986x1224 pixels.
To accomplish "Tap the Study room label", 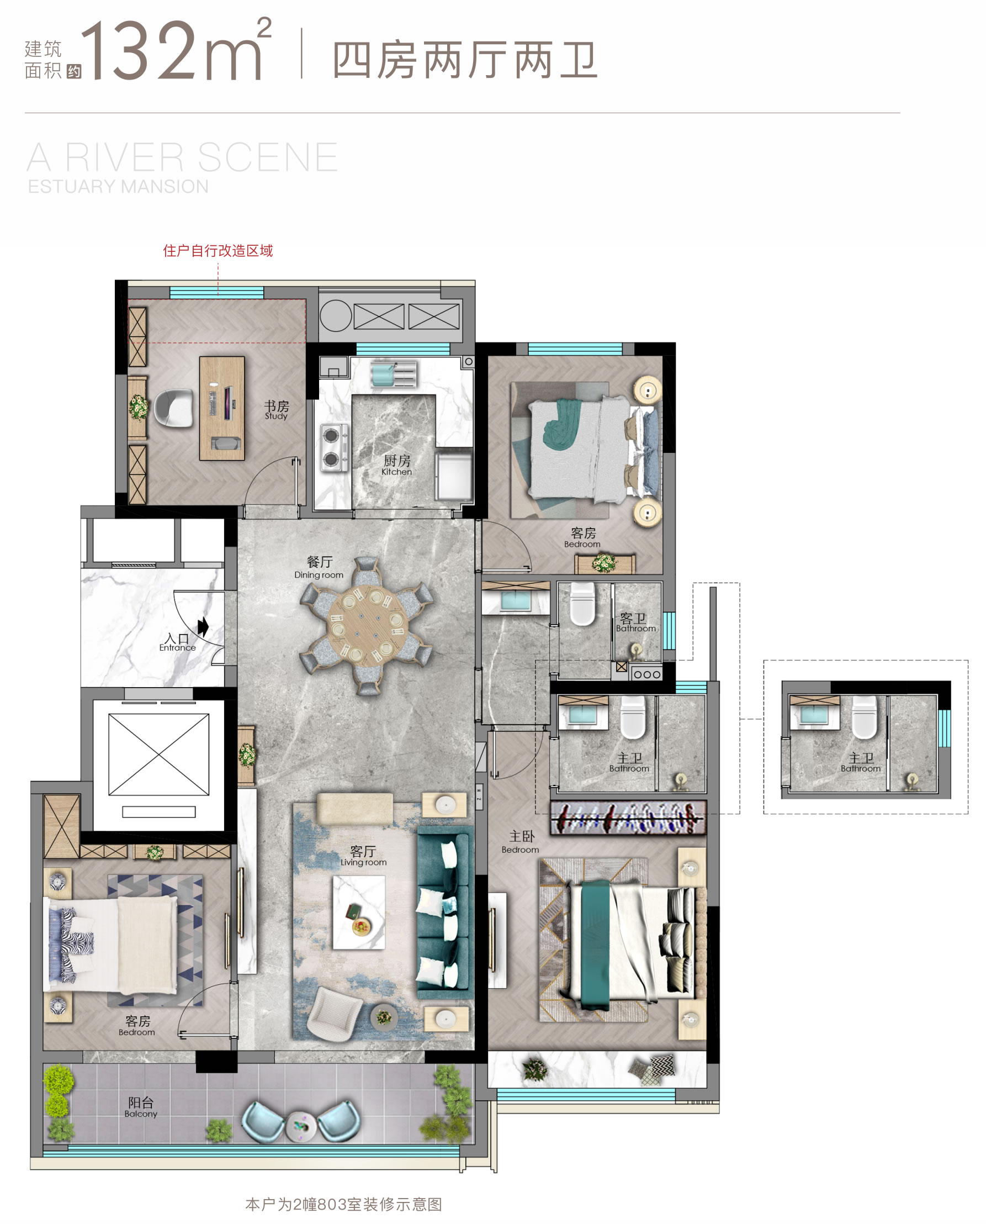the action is click(277, 410).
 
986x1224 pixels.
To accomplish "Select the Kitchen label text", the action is click(396, 465).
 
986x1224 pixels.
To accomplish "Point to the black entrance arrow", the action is click(203, 627).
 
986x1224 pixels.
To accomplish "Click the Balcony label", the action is click(141, 1107).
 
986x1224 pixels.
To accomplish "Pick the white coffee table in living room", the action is click(359, 912).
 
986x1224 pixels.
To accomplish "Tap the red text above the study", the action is click(218, 251).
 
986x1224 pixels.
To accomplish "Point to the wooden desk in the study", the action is click(222, 408).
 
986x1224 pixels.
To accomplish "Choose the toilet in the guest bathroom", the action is click(583, 604).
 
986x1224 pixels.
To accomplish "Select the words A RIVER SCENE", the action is click(182, 157).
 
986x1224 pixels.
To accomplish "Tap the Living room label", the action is click(363, 855).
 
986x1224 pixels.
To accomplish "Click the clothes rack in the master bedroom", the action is click(628, 817).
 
